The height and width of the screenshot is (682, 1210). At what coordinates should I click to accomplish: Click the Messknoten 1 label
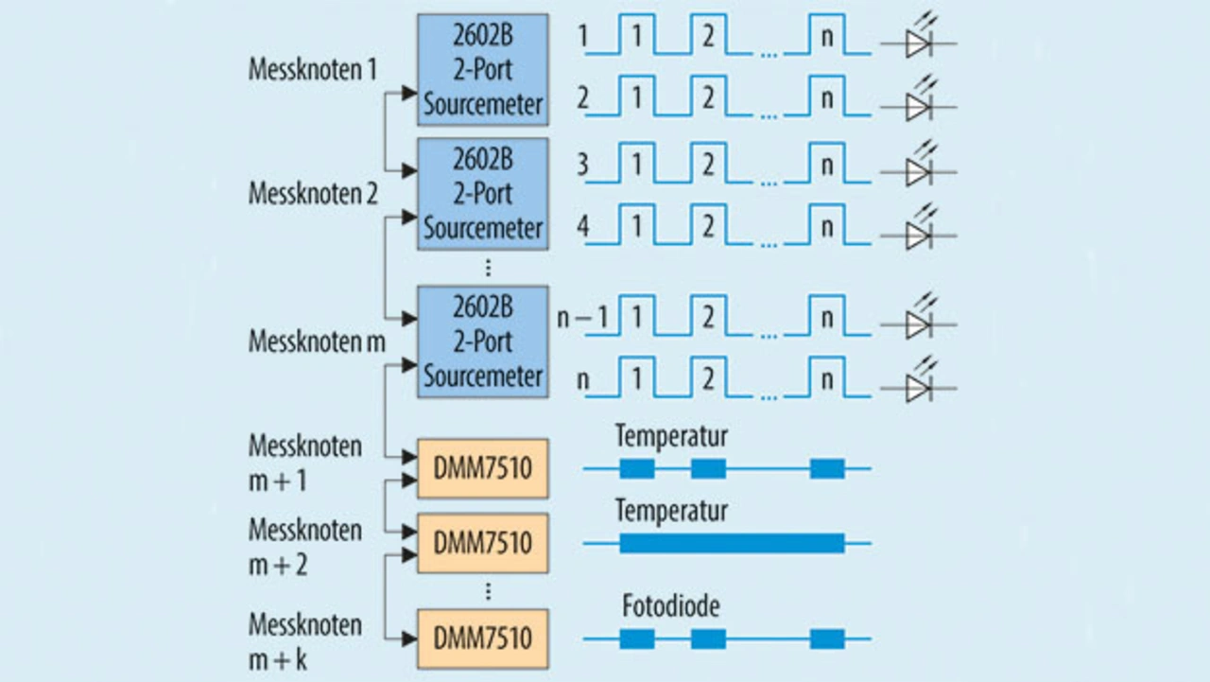click(312, 70)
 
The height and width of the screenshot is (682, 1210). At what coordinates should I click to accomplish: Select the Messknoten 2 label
click(312, 194)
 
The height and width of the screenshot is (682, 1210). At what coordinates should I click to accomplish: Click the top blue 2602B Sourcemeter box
click(483, 69)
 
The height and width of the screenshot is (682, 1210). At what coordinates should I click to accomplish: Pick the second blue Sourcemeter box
click(483, 194)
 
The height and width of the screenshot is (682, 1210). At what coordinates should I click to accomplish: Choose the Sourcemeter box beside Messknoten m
click(483, 341)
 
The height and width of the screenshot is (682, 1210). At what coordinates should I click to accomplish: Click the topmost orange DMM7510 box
click(483, 468)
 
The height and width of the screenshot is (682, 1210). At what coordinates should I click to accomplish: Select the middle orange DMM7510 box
click(483, 543)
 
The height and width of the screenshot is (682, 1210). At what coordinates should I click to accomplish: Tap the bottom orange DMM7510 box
click(483, 638)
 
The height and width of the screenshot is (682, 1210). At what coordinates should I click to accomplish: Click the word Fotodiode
click(670, 606)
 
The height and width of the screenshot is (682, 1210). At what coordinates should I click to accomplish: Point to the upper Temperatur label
click(671, 436)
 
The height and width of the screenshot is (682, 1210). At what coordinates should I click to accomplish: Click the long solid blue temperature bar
click(732, 543)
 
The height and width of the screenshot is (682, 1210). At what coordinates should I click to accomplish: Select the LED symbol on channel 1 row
click(918, 44)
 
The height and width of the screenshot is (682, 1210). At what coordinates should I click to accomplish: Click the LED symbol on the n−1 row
click(918, 324)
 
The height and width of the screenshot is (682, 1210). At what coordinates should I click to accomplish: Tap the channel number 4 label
click(583, 228)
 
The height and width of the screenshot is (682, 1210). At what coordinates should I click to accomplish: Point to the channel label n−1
click(581, 317)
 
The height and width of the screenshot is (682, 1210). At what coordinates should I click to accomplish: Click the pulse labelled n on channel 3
click(827, 165)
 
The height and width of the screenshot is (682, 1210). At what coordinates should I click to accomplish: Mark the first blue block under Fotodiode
click(637, 638)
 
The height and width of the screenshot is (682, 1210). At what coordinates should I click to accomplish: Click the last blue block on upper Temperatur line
click(827, 468)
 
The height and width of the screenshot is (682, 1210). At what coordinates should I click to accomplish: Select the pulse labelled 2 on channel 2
click(708, 98)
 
